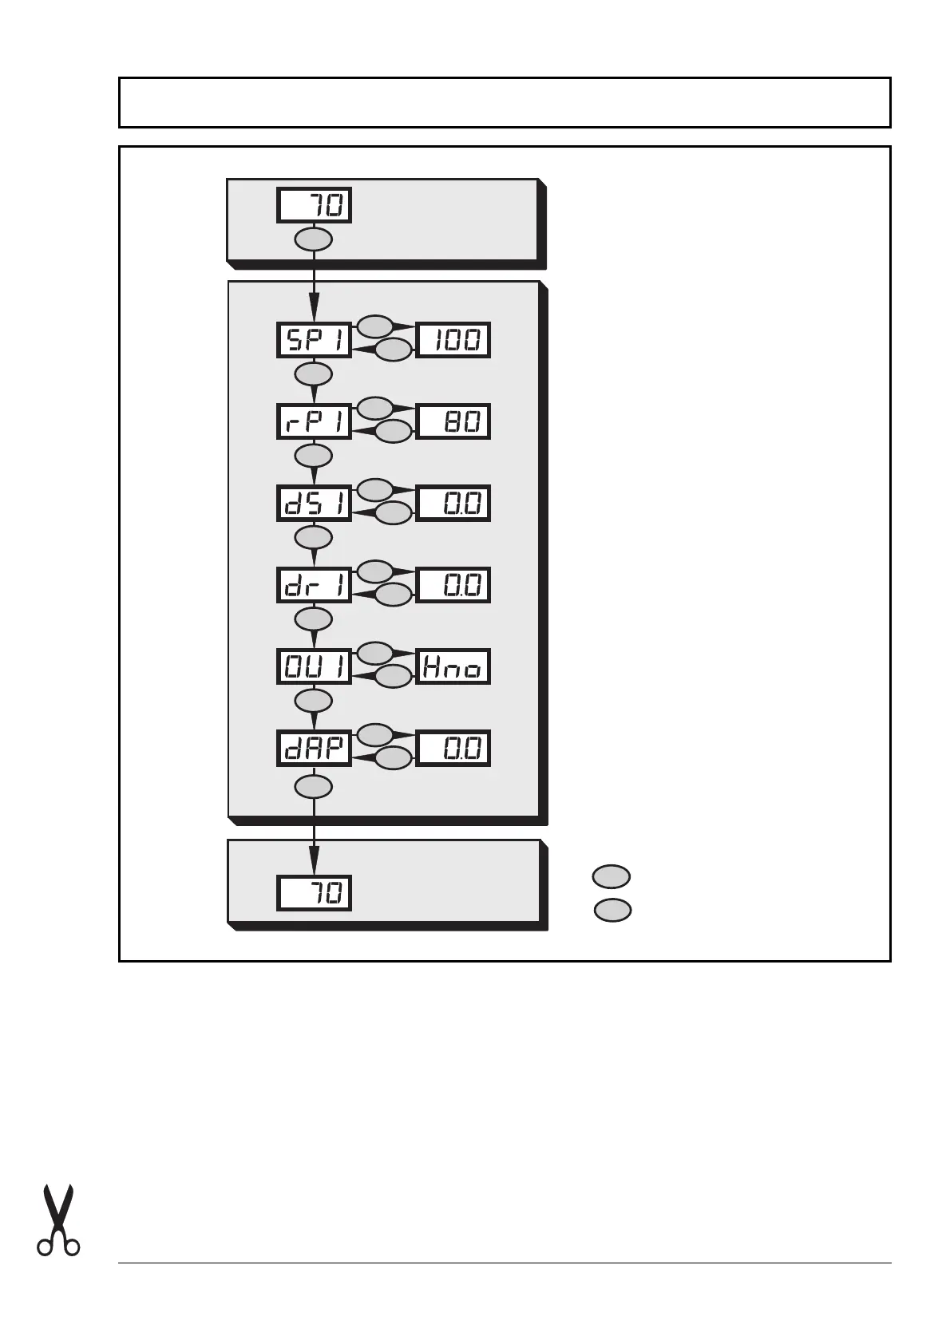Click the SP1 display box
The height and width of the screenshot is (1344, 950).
pos(314,340)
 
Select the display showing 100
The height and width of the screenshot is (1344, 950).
pos(453,340)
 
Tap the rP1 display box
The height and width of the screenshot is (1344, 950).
pos(314,422)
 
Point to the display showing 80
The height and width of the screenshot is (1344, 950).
pos(453,422)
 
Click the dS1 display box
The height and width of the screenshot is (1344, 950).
pos(314,504)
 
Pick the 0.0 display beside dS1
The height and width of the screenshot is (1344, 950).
pos(453,504)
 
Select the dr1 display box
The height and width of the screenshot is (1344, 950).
pos(314,585)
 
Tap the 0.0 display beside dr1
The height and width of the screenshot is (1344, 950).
pos(453,585)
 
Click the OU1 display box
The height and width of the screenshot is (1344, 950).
pos(314,666)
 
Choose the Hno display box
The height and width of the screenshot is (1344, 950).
pos(453,666)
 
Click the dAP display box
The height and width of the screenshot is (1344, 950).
pos(314,748)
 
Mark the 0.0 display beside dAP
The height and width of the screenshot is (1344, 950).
pos(453,748)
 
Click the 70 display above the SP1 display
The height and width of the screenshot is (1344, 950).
pos(314,205)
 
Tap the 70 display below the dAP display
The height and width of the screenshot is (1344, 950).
pos(314,893)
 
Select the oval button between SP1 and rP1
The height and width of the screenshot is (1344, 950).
pos(313,374)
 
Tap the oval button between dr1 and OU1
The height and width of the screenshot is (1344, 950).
pos(313,619)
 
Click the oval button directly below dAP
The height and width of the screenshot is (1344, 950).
pos(313,787)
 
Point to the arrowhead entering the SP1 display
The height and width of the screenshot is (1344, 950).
pos(314,308)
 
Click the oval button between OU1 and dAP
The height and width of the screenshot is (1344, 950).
pos(313,701)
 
